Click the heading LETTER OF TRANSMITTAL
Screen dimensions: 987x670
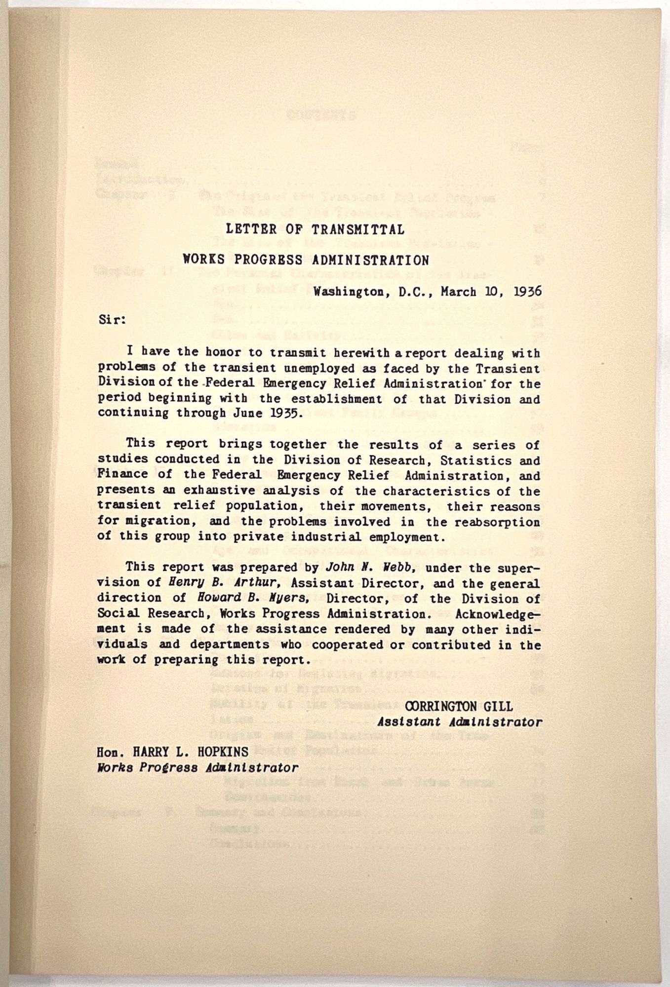pos(315,229)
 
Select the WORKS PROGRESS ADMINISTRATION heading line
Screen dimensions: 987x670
pos(306,260)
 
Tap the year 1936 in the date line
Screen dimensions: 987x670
pos(527,291)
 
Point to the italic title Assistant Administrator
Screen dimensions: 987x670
pos(459,722)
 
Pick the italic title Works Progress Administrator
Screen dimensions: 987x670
pos(197,767)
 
